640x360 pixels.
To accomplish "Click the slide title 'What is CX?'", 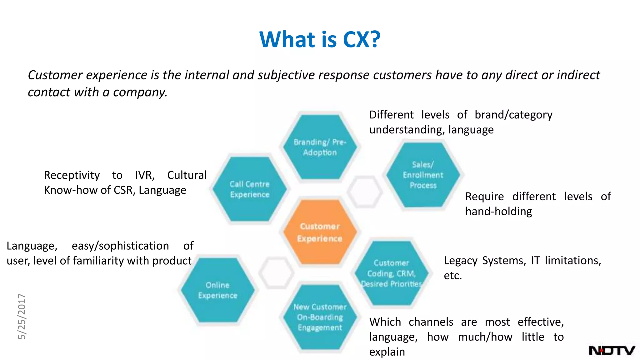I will [320, 39].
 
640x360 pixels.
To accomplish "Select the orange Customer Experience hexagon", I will [320, 232].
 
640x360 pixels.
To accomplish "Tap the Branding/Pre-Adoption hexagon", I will [320, 147].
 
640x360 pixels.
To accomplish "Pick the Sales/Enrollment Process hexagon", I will [423, 175].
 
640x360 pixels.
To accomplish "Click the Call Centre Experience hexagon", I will [249, 189].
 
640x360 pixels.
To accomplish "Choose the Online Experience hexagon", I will [217, 290].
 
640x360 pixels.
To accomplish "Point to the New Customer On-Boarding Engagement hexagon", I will [320, 317].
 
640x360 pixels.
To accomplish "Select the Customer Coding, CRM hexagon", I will [391, 273].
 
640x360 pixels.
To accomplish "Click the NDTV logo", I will [612, 350].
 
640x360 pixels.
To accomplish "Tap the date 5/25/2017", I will [22, 316].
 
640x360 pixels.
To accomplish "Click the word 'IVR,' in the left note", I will [145, 175].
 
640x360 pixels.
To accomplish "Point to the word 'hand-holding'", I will [498, 212].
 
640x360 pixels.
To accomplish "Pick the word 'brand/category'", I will [513, 115].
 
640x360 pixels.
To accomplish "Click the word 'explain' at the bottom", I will [387, 352].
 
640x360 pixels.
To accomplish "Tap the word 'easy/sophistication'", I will [120, 246].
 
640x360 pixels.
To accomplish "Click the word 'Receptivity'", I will [72, 175].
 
